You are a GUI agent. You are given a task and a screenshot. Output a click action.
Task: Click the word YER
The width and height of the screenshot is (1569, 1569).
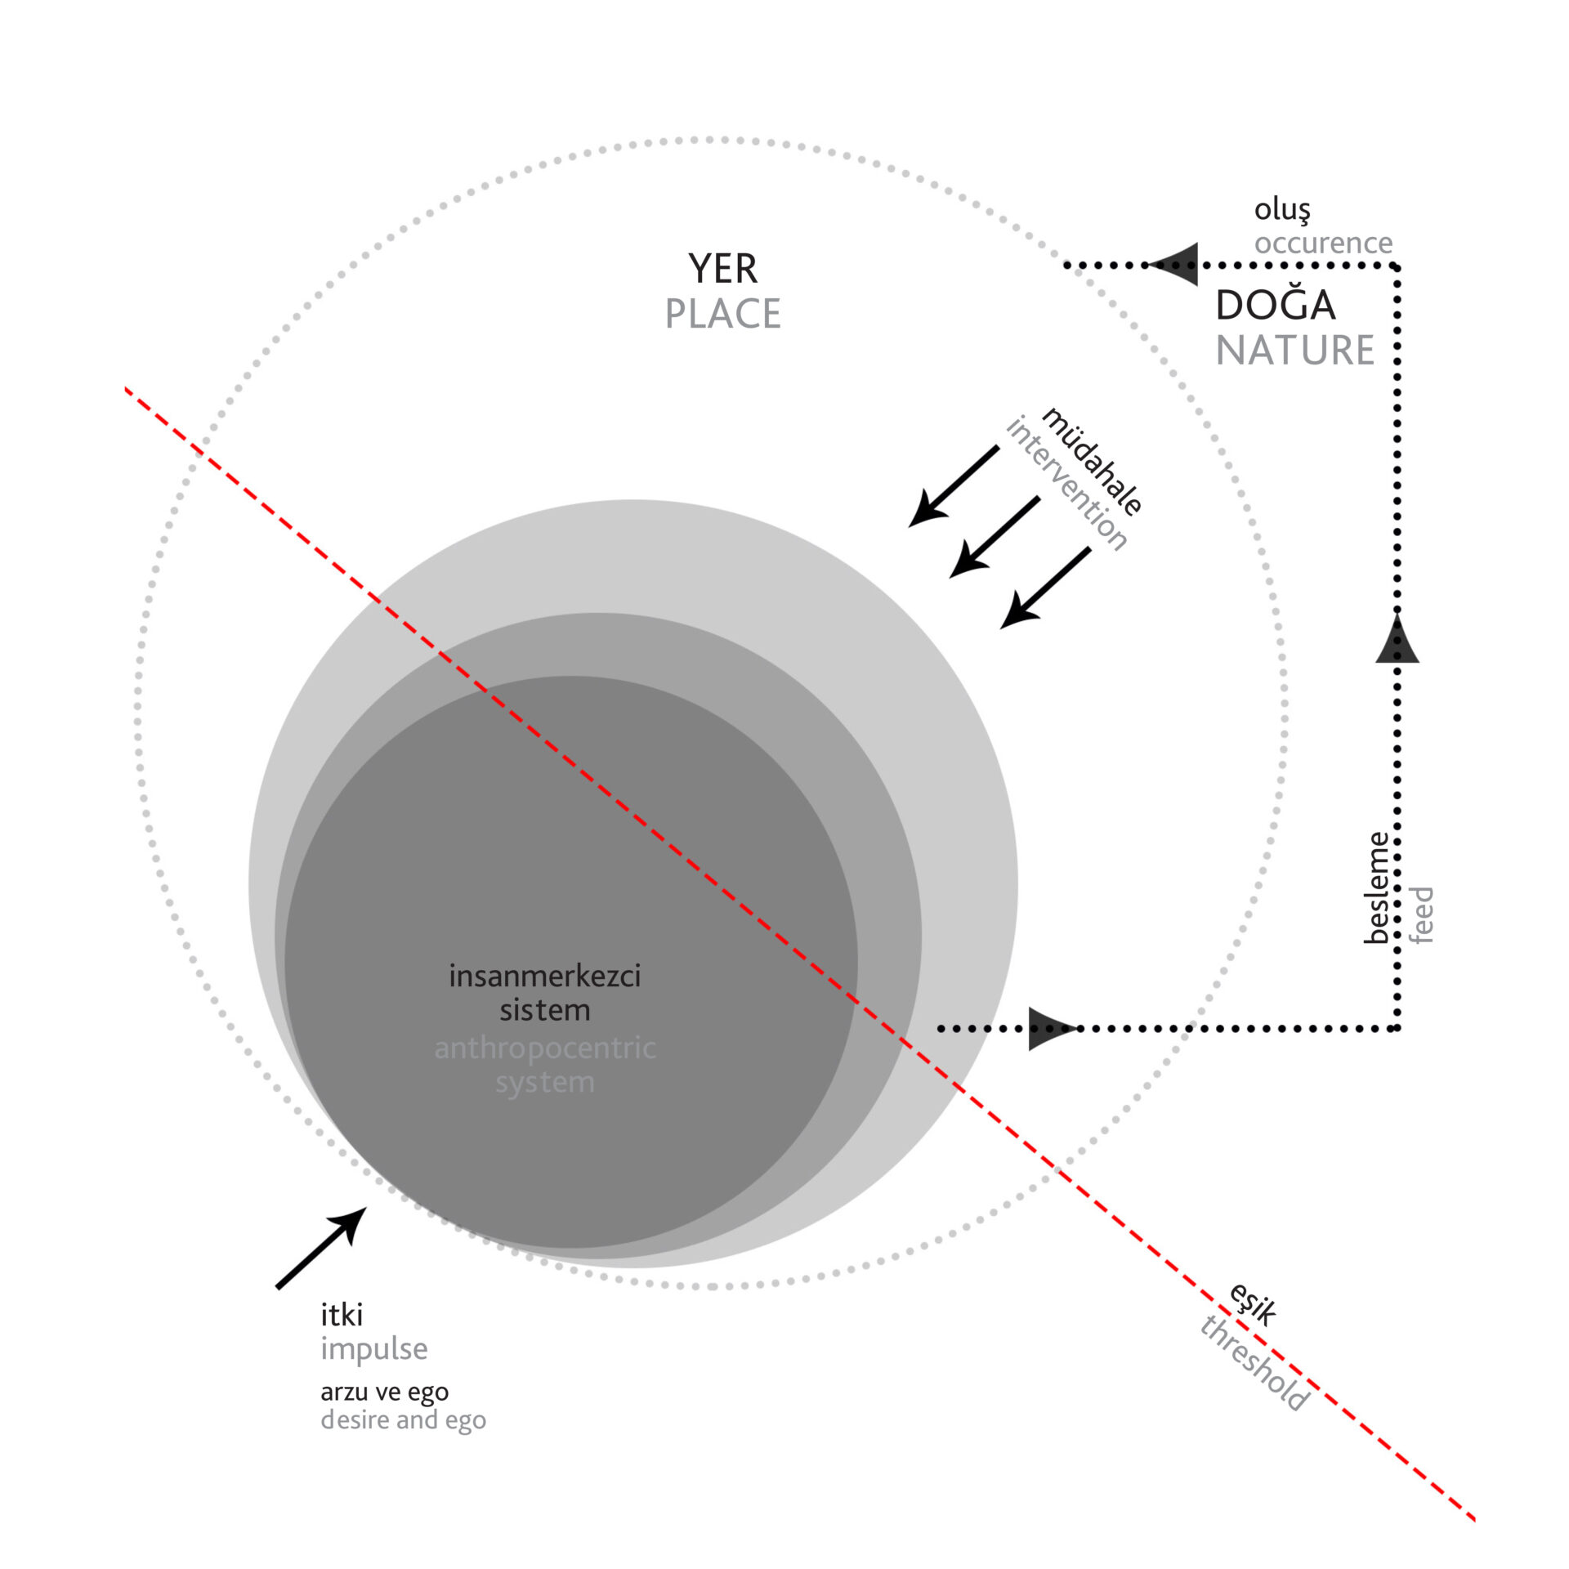pyautogui.click(x=722, y=269)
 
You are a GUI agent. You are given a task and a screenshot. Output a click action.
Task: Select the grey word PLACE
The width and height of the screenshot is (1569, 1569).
pyautogui.click(x=722, y=314)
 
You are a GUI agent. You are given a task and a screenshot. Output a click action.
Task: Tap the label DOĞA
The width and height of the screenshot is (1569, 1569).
pyautogui.click(x=1275, y=306)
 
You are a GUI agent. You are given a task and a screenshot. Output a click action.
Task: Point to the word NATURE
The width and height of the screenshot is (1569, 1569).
pyautogui.click(x=1294, y=351)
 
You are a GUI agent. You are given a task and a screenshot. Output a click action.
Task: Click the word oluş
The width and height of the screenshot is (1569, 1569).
pyautogui.click(x=1282, y=210)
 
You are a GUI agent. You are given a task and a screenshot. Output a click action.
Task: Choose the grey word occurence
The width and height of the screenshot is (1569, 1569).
pyautogui.click(x=1323, y=243)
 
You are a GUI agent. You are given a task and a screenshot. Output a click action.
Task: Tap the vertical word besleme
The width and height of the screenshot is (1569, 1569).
pyautogui.click(x=1376, y=887)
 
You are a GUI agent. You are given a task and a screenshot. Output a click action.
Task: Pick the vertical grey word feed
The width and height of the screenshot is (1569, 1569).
pyautogui.click(x=1422, y=914)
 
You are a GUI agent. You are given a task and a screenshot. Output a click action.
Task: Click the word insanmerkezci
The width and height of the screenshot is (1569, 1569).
pyautogui.click(x=545, y=976)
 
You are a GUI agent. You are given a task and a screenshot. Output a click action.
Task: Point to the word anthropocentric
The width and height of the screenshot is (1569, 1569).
pyautogui.click(x=545, y=1048)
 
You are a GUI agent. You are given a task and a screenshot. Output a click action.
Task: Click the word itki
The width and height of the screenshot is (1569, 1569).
pyautogui.click(x=342, y=1315)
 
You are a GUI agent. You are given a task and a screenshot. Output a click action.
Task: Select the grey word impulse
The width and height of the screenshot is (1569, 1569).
pyautogui.click(x=374, y=1349)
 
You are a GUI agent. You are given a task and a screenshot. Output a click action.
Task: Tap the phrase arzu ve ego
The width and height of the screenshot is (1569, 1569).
pyautogui.click(x=385, y=1392)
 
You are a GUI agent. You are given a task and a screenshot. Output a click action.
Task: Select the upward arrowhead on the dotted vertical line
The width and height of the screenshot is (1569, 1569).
pyautogui.click(x=1397, y=640)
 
